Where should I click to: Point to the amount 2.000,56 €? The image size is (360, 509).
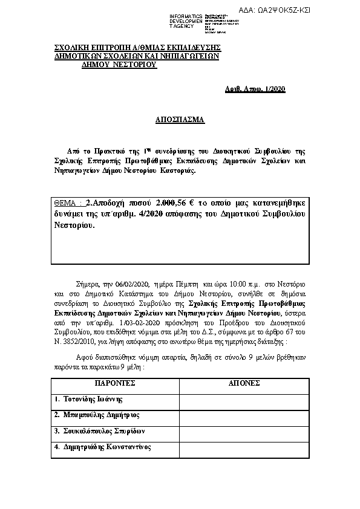[176, 204]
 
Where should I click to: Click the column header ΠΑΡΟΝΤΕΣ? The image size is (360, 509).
[114, 383]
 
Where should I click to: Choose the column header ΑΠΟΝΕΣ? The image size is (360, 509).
[244, 383]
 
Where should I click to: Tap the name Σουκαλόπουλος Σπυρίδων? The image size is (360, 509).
[100, 432]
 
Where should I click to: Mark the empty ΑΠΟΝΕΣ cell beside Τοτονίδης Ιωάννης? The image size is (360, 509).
[244, 400]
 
